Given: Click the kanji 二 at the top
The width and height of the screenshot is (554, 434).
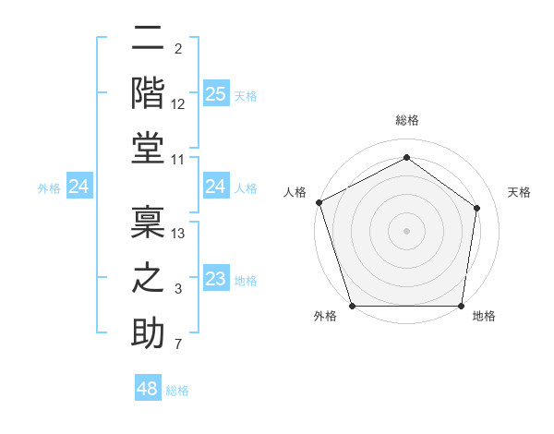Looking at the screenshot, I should click(x=148, y=40).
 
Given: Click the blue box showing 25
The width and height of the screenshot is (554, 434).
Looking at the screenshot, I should click(x=215, y=93).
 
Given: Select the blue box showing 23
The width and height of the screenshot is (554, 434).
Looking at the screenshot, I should click(x=215, y=280).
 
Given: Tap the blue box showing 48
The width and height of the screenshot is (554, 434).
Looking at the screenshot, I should click(x=148, y=389).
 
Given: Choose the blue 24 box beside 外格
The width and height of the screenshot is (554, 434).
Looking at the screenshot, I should click(x=79, y=187).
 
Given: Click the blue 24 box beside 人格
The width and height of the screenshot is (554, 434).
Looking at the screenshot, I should click(x=215, y=187).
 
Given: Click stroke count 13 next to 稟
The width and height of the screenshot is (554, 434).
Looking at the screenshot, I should click(x=179, y=233).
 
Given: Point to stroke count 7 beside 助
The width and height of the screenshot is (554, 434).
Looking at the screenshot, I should click(x=179, y=345).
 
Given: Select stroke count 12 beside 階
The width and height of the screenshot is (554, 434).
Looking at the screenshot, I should click(x=179, y=103).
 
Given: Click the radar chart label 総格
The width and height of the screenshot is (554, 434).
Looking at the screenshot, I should click(x=406, y=120).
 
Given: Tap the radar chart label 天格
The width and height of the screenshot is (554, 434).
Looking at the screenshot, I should click(x=519, y=192).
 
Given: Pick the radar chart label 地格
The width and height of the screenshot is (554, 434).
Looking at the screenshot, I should click(x=484, y=316).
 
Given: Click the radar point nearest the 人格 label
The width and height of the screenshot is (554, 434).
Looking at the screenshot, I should click(x=319, y=202).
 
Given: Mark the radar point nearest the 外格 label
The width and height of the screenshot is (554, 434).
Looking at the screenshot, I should click(x=352, y=306).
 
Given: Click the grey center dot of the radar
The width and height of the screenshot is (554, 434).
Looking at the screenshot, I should click(x=406, y=231).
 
